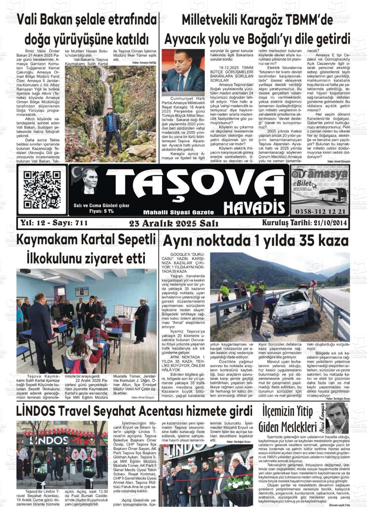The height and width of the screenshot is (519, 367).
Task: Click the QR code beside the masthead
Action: tap(42, 190)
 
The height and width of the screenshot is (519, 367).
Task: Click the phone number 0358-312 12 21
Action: tap(320, 211)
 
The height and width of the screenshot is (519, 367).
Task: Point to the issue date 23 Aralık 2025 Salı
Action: tap(174, 223)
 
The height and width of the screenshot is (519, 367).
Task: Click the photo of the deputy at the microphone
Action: tap(183, 72)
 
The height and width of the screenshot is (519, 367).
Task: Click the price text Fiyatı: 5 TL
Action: tap(101, 211)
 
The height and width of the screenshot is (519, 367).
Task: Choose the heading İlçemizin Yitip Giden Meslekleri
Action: tap(287, 419)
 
